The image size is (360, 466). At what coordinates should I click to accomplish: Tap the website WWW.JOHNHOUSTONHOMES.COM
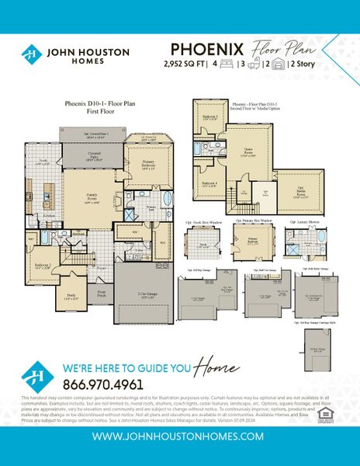180,436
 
